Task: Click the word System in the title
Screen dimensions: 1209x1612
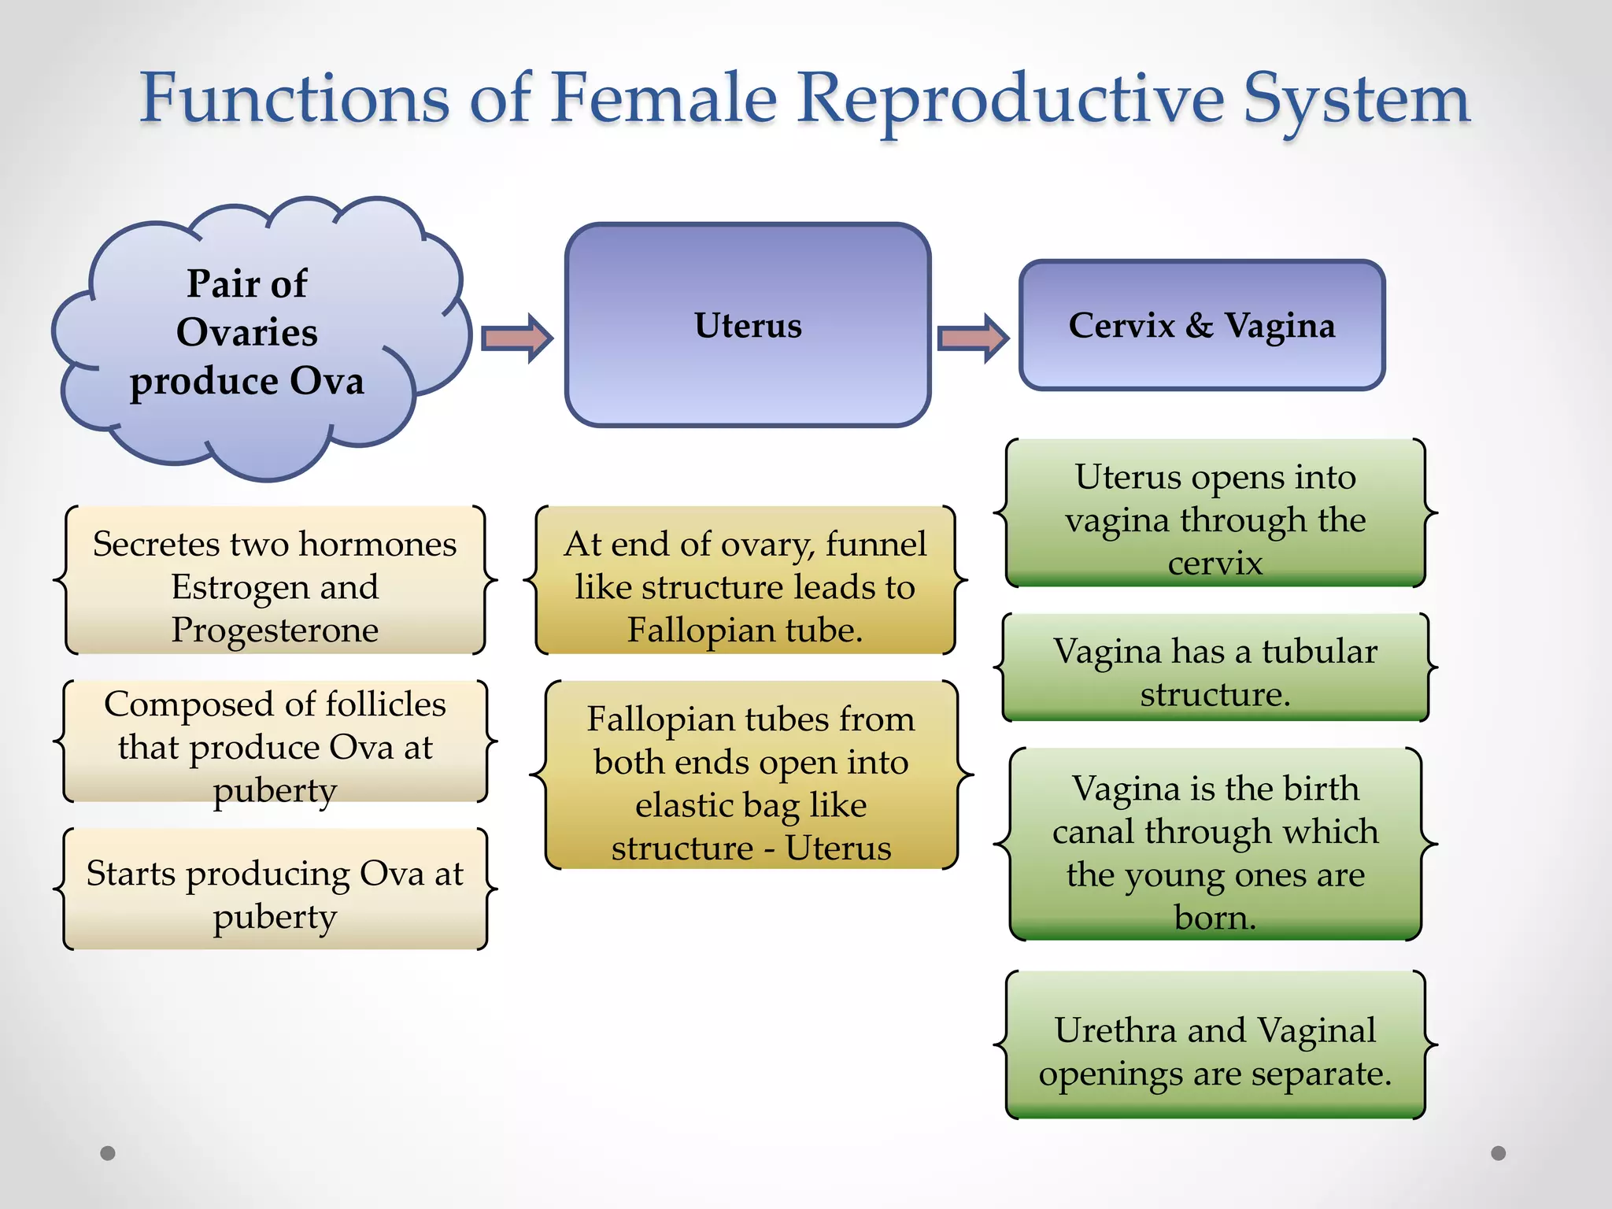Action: click(1356, 100)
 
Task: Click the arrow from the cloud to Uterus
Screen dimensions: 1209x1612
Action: click(516, 338)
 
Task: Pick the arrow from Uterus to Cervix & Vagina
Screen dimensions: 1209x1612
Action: click(973, 338)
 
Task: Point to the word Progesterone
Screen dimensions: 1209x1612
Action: click(275, 630)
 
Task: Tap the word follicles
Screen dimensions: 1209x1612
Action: click(386, 704)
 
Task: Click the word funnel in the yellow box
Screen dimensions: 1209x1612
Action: click(875, 544)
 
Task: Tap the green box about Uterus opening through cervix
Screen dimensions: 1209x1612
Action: click(1215, 513)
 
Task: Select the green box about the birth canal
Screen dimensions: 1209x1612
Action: click(1215, 845)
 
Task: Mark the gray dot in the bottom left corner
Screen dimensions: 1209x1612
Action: click(108, 1153)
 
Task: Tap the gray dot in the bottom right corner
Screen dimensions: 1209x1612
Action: click(1499, 1153)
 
